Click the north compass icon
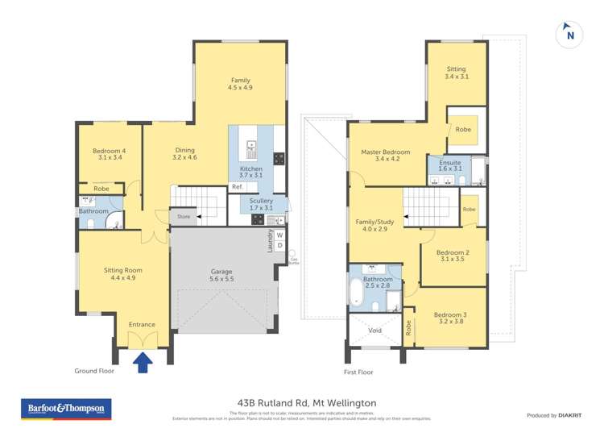tap(569, 35)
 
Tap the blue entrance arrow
tap(143, 364)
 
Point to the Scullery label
tap(261, 205)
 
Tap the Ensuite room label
tap(449, 164)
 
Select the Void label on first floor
tap(374, 330)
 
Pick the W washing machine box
tap(279, 235)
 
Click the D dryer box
tap(279, 246)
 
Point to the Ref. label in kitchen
tap(237, 187)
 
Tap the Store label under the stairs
tap(184, 216)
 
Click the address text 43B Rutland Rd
tap(302, 402)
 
